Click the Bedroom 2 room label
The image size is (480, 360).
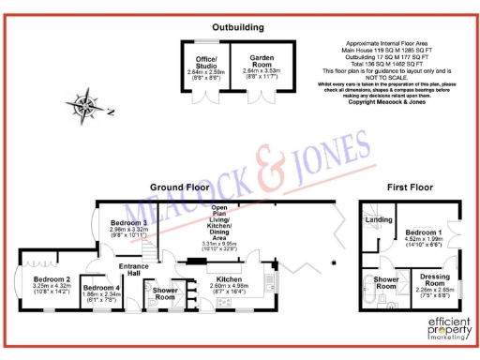click(52, 279)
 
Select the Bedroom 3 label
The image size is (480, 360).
click(128, 221)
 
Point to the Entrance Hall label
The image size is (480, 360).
click(134, 270)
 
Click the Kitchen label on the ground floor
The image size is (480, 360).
click(231, 278)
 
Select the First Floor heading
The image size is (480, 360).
click(409, 187)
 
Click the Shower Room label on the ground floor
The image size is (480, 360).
click(166, 292)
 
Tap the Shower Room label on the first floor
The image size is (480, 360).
click(385, 283)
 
